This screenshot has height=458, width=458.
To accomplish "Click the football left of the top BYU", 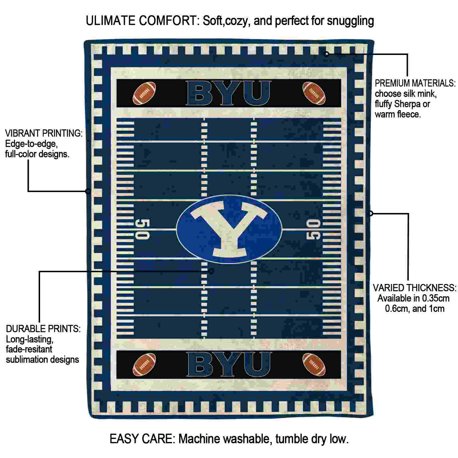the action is click(x=145, y=93).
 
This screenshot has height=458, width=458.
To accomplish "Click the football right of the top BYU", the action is click(x=314, y=93).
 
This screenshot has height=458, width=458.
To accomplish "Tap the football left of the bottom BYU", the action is click(x=145, y=364).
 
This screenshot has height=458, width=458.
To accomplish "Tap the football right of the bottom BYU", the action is click(x=314, y=364).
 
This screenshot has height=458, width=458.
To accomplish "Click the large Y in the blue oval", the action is click(x=229, y=229).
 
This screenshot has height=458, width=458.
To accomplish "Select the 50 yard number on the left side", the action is click(x=142, y=229).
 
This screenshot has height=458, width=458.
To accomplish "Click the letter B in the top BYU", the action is click(x=201, y=93).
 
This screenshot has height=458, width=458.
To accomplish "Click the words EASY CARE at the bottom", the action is click(x=142, y=439).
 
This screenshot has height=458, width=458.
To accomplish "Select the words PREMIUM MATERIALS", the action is click(x=415, y=83).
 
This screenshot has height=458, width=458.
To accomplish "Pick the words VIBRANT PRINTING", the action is click(x=44, y=133).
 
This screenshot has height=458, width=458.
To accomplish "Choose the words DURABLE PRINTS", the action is click(x=43, y=329).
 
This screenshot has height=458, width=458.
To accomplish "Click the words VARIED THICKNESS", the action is click(x=414, y=288).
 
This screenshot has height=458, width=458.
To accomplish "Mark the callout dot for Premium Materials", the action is click(x=326, y=54).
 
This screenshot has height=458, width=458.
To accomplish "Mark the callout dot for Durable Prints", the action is click(x=211, y=271).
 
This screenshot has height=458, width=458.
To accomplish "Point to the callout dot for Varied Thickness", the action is click(x=370, y=213).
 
